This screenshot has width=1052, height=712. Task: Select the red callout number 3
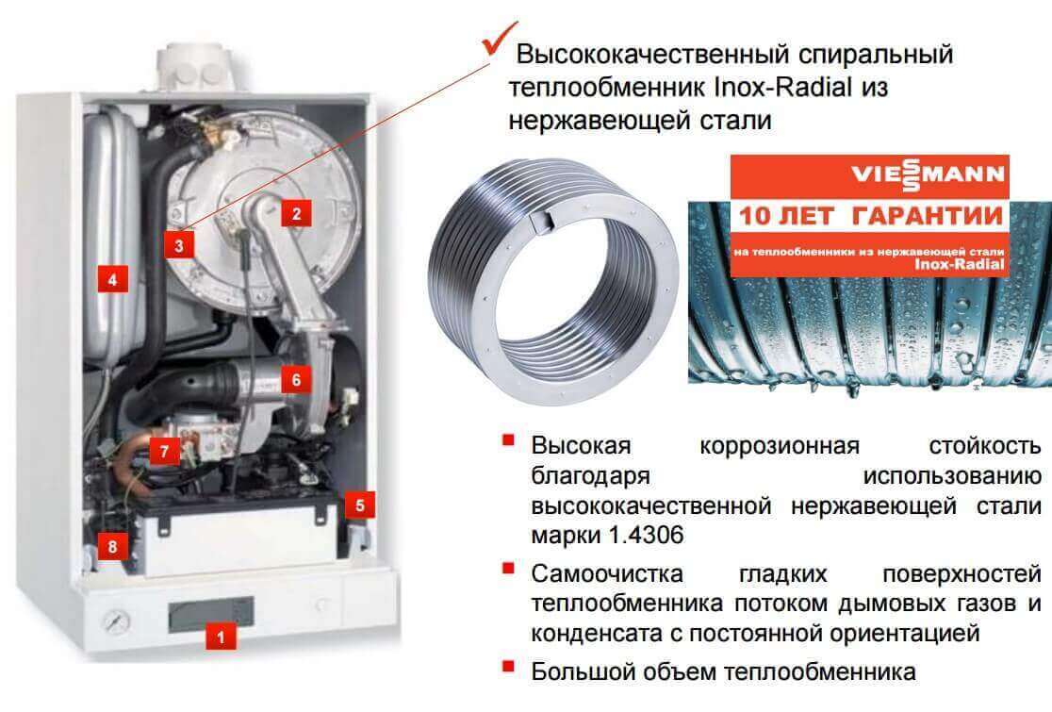(x=178, y=244)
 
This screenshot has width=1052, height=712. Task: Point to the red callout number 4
(x=112, y=278)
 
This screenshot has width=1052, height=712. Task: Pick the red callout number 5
(x=360, y=505)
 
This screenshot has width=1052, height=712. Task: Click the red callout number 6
(x=296, y=380)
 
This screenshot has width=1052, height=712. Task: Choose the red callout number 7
(x=164, y=451)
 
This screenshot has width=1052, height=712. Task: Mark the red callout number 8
(x=112, y=546)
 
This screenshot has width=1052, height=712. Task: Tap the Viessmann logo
(x=928, y=174)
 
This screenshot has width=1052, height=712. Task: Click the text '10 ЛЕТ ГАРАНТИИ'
(x=870, y=216)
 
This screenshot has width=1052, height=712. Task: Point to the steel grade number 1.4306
(x=646, y=535)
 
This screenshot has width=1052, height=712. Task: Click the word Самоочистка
(x=606, y=573)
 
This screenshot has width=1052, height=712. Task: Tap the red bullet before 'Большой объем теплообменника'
(x=508, y=667)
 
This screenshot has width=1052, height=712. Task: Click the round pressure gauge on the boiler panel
(x=118, y=621)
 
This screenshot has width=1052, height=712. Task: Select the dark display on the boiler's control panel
(x=210, y=613)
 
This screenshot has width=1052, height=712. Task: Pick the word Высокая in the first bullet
(x=581, y=445)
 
